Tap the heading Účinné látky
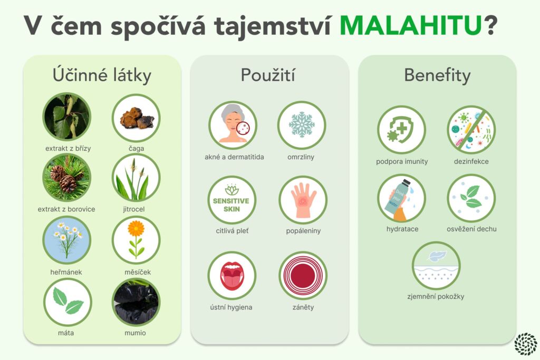coord(102,75)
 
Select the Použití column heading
coord(268,75)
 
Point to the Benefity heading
coord(437,75)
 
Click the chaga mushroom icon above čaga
coord(136,118)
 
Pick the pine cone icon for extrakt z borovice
coord(67,178)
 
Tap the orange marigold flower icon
coord(136,240)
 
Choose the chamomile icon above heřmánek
coord(67,240)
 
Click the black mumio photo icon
coord(136,302)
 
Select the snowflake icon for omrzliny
coord(302,125)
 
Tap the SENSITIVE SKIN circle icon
coord(232,200)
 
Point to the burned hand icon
coord(303,200)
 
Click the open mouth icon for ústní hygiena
coord(232,276)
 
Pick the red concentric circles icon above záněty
coord(303,276)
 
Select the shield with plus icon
coord(401,130)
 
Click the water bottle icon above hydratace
coord(401,198)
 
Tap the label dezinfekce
coord(471,161)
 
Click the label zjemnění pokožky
coord(436,296)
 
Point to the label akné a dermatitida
coord(234,157)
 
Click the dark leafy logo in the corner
coord(526,343)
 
